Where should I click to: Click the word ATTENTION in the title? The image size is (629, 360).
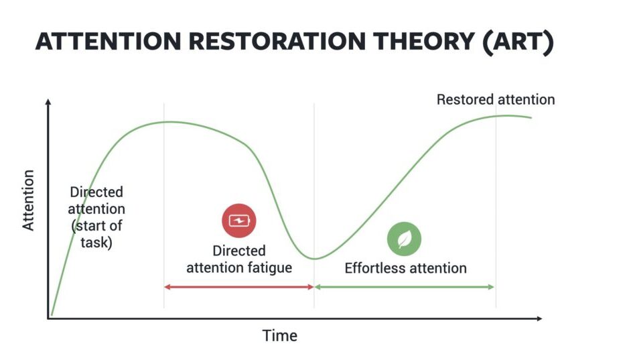tap(109, 41)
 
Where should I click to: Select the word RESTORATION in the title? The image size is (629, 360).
tap(277, 41)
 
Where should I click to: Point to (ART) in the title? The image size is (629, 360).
tap(518, 42)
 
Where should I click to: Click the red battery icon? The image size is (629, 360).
tap(239, 221)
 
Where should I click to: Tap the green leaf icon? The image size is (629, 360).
tap(404, 239)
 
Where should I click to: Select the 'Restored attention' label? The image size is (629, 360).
tap(496, 99)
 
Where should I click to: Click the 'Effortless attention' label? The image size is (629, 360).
tap(405, 268)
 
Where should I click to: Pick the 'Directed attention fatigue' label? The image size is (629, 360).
tap(239, 259)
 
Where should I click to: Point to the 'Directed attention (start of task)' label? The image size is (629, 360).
tap(96, 217)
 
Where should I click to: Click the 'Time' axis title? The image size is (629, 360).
tap(279, 335)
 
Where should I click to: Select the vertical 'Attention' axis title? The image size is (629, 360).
tap(28, 200)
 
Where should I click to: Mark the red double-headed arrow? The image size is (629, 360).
tap(239, 287)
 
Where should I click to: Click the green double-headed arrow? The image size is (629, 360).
tap(405, 287)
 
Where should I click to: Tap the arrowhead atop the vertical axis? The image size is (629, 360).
tap(48, 101)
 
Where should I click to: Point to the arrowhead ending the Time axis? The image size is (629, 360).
tap(539, 318)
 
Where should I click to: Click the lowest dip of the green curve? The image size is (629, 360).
tap(315, 259)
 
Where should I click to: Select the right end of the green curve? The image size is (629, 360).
tap(531, 117)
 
